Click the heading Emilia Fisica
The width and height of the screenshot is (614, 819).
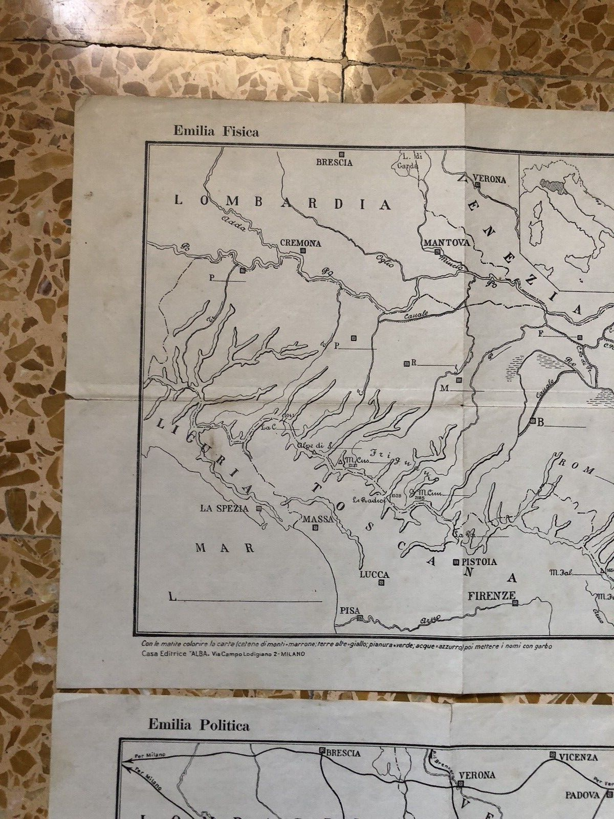pos(216,132)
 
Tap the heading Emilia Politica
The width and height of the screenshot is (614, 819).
pos(199,725)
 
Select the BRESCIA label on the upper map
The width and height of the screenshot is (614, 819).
pos(334,163)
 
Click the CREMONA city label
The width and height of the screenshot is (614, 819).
pos(301,243)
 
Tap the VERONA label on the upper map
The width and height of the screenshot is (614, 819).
pos(490,180)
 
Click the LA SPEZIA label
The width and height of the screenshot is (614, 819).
pos(225,508)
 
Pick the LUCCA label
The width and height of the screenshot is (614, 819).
pos(374,574)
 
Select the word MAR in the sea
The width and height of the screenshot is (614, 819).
pos(226,548)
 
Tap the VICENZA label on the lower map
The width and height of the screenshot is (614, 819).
pos(577,757)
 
